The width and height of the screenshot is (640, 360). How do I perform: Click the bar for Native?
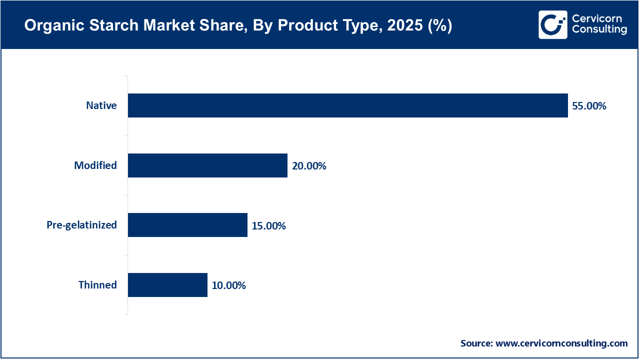pos(347,105)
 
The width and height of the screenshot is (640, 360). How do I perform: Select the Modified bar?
pos(207,165)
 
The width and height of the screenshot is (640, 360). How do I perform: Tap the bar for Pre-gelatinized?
pos(187,225)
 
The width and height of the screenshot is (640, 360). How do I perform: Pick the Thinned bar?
pos(167,285)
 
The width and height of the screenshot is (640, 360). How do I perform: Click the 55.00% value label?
pos(589,106)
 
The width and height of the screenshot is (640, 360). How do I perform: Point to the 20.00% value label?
pos(309,166)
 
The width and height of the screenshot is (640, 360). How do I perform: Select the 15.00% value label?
pos(268,226)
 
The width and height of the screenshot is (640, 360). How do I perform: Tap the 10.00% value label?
pos(228,285)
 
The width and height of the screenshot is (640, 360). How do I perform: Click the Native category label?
pos(101,105)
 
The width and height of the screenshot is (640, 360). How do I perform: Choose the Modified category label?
pos(95,165)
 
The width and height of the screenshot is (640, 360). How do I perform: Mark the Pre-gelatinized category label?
pos(81,225)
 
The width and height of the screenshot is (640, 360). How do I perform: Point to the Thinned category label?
pos(97,285)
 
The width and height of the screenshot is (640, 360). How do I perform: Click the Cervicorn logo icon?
pos(552,24)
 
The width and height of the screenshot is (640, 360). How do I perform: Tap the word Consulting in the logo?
pos(599,30)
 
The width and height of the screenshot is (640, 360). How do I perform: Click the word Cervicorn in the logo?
pos(597,18)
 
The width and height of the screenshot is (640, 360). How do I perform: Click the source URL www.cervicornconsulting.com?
pos(561,343)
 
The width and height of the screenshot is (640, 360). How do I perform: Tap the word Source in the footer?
pos(476,343)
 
